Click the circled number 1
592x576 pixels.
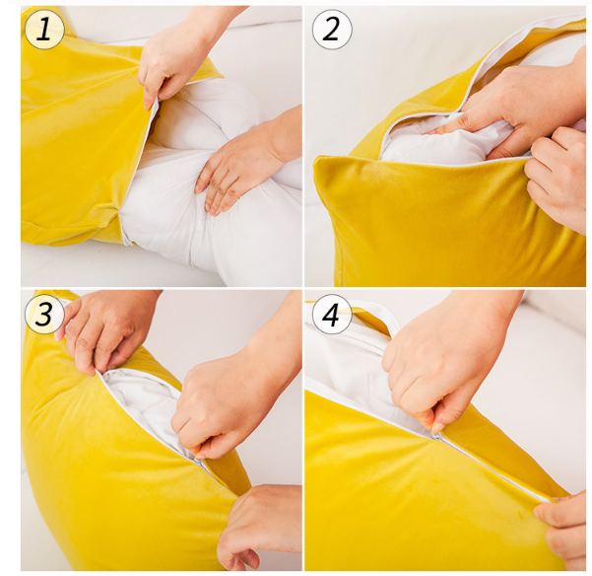44,30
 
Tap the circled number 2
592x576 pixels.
332,30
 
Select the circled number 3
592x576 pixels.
44,314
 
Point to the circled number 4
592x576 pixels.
332,314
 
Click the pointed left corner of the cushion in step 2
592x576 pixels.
315,160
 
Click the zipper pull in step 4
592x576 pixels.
436,436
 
